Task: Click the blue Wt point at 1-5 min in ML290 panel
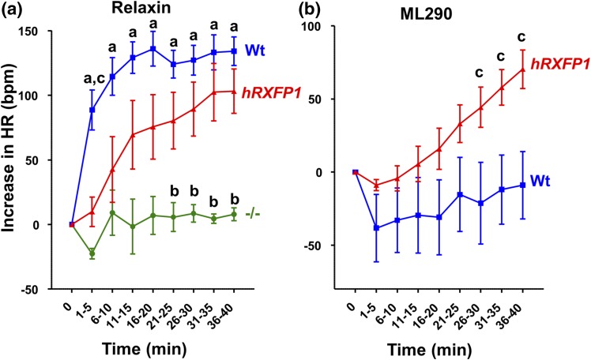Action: click(376, 227)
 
